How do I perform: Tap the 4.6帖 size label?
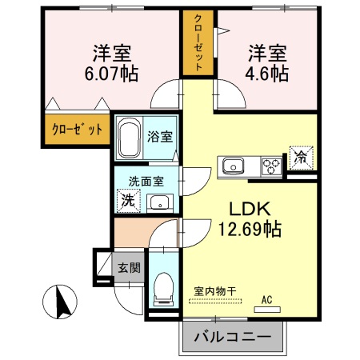coord(267,74)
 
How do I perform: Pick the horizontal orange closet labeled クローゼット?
coord(77,129)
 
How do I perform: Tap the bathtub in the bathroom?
coord(130,139)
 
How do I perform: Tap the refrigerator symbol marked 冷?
coord(301,157)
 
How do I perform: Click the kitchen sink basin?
coord(234,166)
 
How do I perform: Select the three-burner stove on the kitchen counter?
coord(270,166)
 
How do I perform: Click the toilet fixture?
coord(163,289)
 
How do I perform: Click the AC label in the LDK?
coord(266,299)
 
